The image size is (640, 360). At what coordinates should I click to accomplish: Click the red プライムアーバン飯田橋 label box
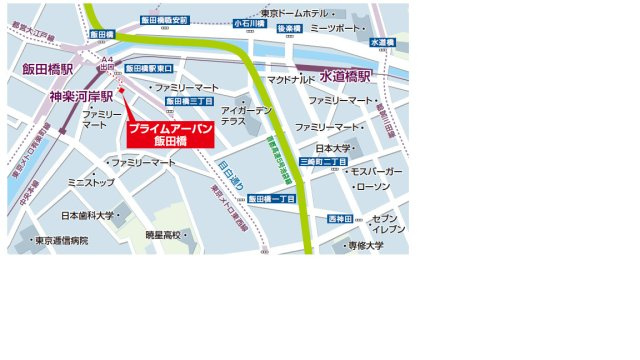[171, 134]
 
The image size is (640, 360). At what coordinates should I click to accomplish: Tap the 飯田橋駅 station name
[49, 69]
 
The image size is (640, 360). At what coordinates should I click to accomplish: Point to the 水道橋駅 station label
[346, 76]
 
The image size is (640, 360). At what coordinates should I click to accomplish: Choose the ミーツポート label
[332, 29]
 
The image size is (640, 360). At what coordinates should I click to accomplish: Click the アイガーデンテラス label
[246, 115]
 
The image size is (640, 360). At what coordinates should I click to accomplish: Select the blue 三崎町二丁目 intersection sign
[323, 162]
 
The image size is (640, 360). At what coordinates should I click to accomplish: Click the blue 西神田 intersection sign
[342, 219]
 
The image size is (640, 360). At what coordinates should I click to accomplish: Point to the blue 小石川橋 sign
[246, 22]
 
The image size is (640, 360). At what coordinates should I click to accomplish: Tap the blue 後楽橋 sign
[288, 29]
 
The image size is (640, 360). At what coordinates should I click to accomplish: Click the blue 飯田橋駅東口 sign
[150, 68]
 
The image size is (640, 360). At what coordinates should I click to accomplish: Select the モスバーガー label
[376, 172]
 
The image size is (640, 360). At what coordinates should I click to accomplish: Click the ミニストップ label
[90, 183]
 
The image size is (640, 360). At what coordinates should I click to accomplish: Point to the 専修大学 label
[364, 245]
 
